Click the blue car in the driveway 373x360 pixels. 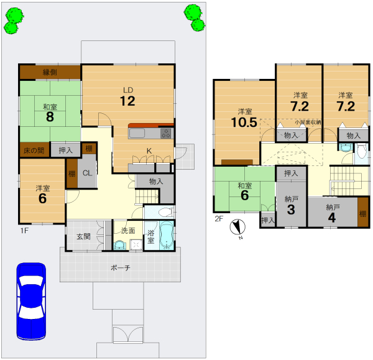(x=31, y=301)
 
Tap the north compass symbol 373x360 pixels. (x=237, y=227)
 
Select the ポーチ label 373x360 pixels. (x=121, y=268)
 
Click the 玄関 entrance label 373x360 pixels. (x=83, y=236)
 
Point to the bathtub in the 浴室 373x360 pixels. (x=167, y=235)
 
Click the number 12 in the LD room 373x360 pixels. (x=127, y=101)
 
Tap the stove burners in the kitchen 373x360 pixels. (x=166, y=133)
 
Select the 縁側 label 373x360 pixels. (x=50, y=72)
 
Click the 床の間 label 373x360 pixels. (x=34, y=150)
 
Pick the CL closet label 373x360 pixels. (x=87, y=173)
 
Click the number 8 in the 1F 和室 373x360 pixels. (x=50, y=117)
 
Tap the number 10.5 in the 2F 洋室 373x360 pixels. (x=244, y=122)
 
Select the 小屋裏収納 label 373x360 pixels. (x=308, y=122)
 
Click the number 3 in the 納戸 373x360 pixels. (x=291, y=210)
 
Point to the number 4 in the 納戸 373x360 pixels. (x=332, y=218)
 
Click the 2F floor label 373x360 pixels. (x=219, y=219)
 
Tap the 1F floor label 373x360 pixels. (x=24, y=230)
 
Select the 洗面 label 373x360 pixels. (x=128, y=231)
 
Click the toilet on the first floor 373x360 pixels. (x=165, y=212)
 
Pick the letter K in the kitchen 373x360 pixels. (x=149, y=151)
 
